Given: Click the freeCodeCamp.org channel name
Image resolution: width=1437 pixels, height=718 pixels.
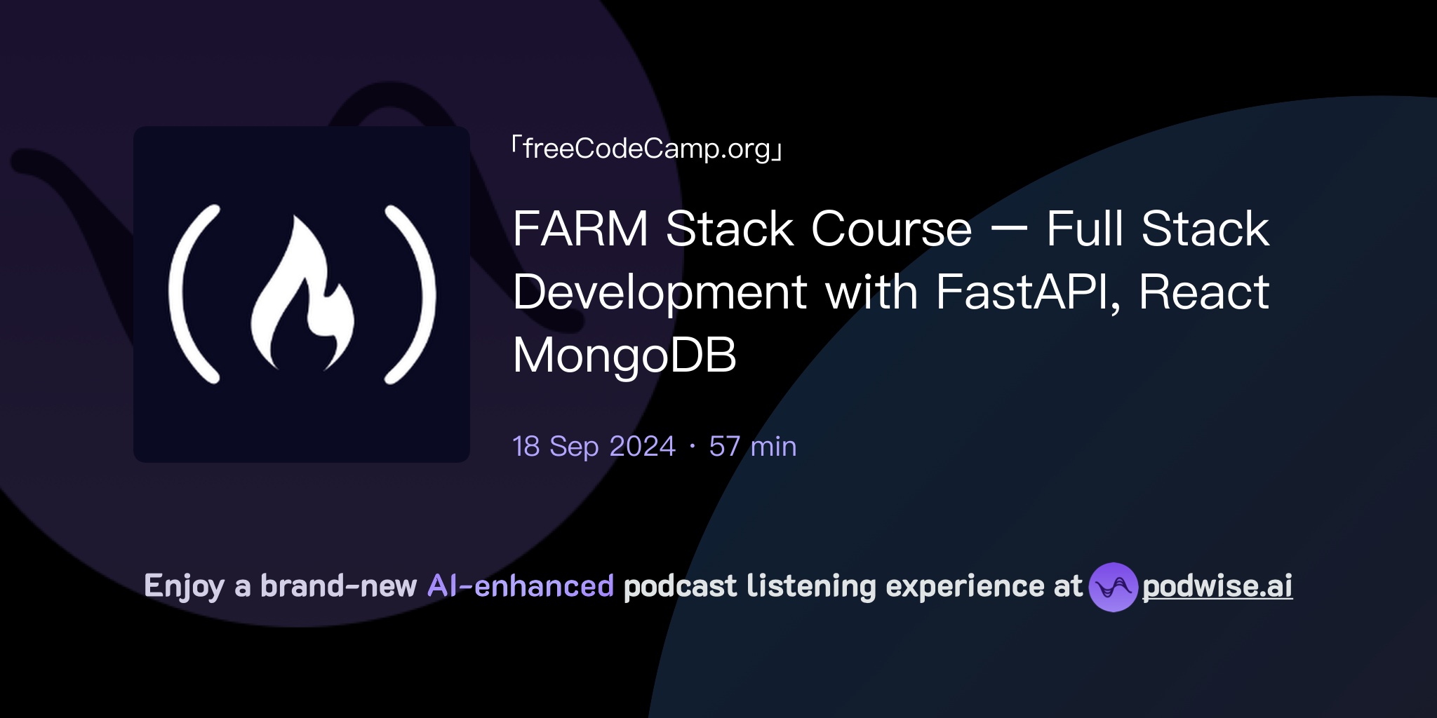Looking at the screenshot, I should click(646, 149).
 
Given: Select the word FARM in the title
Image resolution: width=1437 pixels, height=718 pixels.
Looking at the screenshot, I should click(581, 229).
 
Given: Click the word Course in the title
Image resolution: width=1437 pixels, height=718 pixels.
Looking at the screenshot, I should click(891, 229).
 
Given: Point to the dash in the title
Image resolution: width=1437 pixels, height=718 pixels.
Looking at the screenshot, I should click(1010, 229).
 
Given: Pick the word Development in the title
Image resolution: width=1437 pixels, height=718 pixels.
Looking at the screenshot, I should click(660, 292).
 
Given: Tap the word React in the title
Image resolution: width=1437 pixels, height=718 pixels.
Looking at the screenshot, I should click(1204, 292).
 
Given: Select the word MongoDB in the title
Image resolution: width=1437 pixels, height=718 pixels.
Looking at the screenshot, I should click(624, 355).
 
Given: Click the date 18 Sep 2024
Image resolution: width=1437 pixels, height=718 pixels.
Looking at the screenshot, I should click(594, 447).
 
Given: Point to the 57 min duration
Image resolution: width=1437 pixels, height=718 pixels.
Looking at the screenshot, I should click(753, 447).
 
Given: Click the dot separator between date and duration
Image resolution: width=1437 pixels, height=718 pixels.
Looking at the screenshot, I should click(693, 447).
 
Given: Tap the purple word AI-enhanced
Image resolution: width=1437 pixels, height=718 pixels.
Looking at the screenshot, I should click(521, 586).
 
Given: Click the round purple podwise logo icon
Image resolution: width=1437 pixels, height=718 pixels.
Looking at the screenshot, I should click(1113, 587).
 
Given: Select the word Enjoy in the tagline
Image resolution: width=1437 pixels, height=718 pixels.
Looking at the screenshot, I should click(184, 586).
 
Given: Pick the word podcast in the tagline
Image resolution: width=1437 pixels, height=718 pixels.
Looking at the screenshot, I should click(680, 586).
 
